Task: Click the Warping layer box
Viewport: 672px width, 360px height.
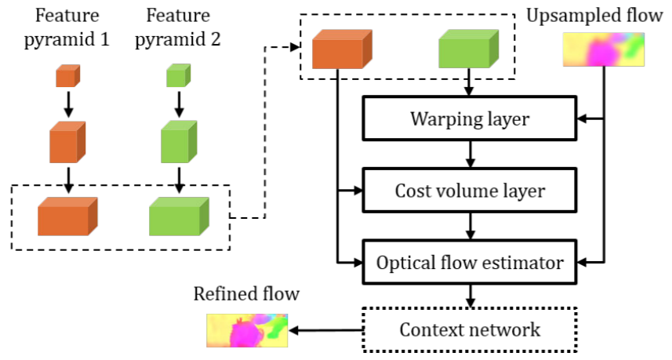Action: click(468, 119)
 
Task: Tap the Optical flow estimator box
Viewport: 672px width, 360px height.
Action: click(468, 262)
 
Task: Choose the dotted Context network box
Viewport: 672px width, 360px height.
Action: click(468, 329)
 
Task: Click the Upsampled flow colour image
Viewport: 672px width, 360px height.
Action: click(604, 49)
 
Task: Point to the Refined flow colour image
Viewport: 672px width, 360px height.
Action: click(247, 330)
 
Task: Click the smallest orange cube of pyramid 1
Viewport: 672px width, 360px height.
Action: click(67, 76)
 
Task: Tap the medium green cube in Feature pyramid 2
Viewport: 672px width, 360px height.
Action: click(179, 141)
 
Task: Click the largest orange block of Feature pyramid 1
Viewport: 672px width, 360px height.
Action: click(67, 216)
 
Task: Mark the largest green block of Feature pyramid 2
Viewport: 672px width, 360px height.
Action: click(179, 216)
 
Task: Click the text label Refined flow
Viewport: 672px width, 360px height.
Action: click(247, 295)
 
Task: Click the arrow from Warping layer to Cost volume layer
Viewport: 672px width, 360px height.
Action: click(469, 155)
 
